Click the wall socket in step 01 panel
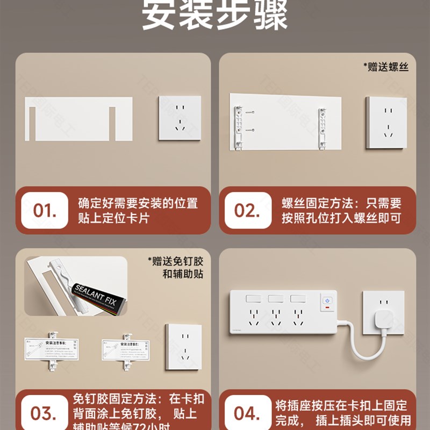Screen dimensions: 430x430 180,118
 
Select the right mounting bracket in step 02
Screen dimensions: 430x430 322,128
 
